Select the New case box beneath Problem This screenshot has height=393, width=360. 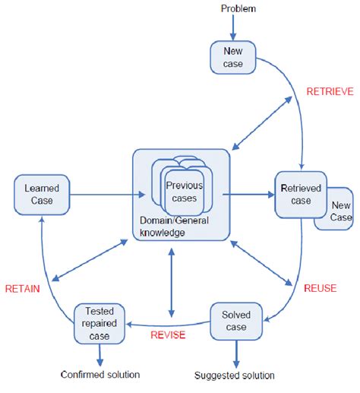click(x=233, y=58)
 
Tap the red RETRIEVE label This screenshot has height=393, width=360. click(x=329, y=92)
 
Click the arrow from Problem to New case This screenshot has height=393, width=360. click(x=233, y=27)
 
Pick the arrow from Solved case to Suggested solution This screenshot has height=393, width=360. click(x=235, y=351)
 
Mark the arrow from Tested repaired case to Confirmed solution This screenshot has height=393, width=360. click(x=99, y=351)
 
